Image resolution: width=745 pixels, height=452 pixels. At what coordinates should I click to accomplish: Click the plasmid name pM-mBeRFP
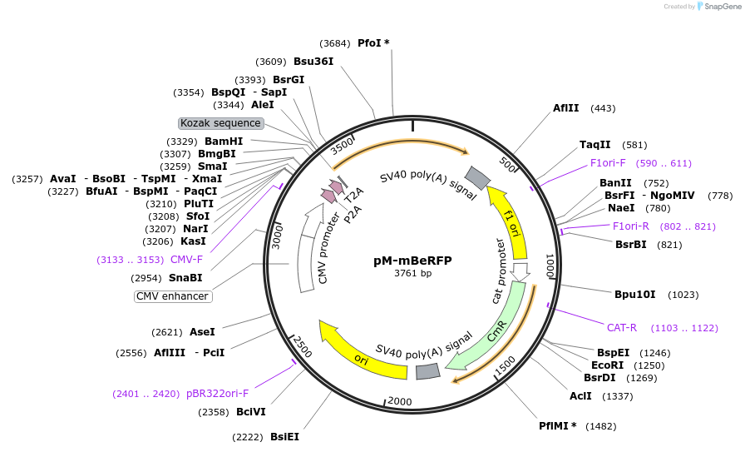[412, 260]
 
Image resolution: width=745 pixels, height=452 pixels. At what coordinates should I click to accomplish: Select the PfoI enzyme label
[369, 42]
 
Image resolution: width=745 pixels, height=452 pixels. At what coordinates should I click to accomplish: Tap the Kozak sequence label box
[221, 123]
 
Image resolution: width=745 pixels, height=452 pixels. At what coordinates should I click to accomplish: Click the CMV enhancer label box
[173, 296]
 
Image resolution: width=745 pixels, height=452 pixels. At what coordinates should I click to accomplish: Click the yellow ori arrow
[360, 350]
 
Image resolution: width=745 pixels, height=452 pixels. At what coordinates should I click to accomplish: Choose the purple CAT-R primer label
[622, 327]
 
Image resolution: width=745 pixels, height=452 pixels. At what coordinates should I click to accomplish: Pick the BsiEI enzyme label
[284, 436]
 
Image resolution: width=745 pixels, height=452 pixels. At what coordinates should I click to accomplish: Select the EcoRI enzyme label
[607, 365]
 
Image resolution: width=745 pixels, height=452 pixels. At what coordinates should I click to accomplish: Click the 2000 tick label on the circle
[400, 401]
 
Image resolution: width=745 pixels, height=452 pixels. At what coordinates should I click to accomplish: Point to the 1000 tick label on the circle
[550, 266]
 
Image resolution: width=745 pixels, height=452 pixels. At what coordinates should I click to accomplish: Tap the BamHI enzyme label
[224, 142]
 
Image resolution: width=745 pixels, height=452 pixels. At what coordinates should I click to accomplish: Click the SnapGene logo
[720, 6]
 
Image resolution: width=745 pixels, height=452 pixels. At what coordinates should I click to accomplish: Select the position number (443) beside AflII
[603, 108]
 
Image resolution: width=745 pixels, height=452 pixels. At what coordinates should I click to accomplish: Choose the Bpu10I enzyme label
[635, 294]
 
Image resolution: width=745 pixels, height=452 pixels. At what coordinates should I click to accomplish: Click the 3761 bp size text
[412, 273]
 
